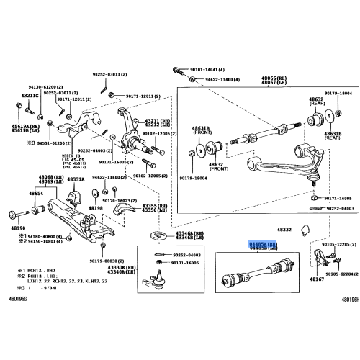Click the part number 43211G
(30, 95)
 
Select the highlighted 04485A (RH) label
(263, 245)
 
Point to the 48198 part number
(96, 207)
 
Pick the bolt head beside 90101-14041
(176, 70)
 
